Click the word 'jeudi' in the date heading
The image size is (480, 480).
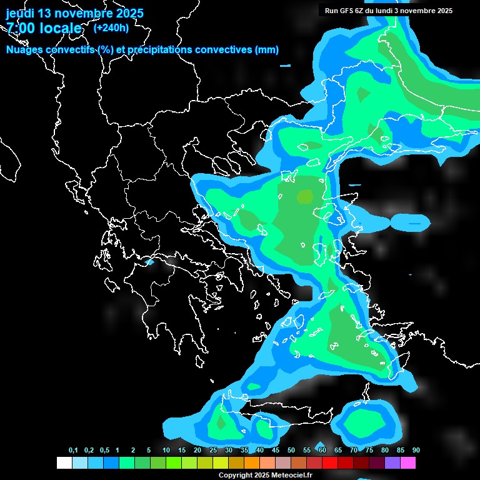[20, 13]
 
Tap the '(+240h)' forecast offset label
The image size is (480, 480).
[111, 27]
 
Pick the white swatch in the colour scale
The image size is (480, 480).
[64, 462]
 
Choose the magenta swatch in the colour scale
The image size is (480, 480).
[408, 462]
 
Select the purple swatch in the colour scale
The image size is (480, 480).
[392, 462]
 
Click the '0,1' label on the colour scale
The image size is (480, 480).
[73, 450]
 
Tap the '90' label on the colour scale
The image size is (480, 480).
[416, 450]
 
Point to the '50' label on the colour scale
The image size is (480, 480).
[291, 450]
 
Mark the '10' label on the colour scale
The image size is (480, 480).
[166, 450]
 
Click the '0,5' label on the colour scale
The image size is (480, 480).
[104, 450]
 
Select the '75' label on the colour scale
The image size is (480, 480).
[369, 450]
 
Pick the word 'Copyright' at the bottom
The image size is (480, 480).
[236, 475]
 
